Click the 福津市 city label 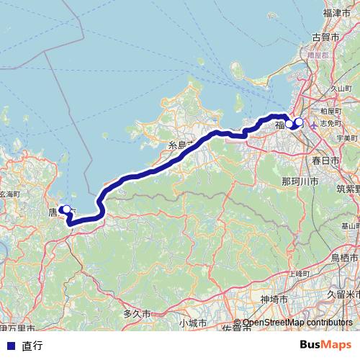point(336,13)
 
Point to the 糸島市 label point(181,145)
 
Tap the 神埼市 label point(274,298)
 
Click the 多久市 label point(137,314)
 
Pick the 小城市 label point(193,322)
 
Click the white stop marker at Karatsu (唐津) point(66,210)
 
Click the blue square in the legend point(10,345)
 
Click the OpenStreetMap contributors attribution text point(297,323)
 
